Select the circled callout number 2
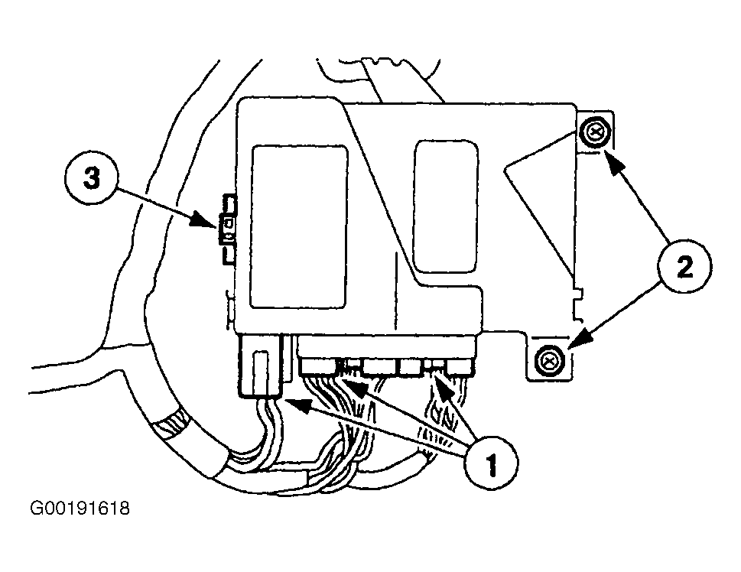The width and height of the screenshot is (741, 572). pos(684,268)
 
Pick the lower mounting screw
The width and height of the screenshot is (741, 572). pos(550,361)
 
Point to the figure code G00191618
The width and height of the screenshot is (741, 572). pos(80,509)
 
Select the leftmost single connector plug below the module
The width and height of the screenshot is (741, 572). pos(261,365)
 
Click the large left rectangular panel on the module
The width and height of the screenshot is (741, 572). pos(299,227)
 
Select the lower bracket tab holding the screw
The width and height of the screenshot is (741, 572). pos(550,357)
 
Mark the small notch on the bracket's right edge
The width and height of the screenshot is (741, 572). pos(577,300)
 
